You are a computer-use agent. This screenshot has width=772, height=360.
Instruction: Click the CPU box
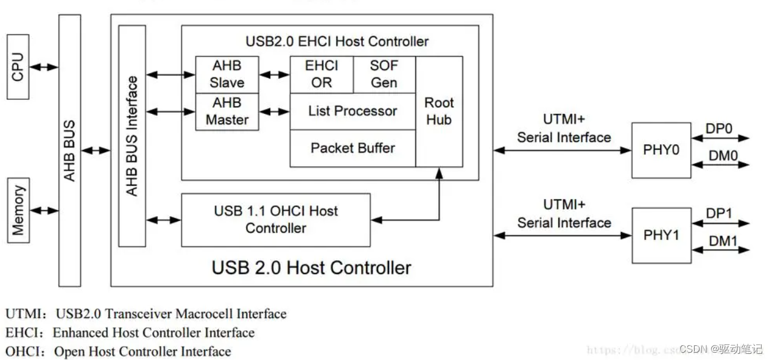tap(18, 67)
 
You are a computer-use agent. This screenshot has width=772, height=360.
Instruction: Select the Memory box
tap(18, 210)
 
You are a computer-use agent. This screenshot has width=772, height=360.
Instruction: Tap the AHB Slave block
tap(226, 74)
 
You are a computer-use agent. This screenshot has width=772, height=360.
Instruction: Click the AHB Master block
tap(226, 111)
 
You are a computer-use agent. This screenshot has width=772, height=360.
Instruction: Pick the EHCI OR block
tap(321, 74)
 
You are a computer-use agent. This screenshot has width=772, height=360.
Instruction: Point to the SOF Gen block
tap(384, 74)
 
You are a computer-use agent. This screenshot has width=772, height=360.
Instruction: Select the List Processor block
tap(352, 111)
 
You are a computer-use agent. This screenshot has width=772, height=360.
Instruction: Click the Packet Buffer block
tap(352, 148)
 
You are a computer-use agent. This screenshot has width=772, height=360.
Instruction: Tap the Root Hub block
tap(439, 111)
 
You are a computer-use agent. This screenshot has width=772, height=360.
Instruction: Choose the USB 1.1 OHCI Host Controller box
tap(275, 220)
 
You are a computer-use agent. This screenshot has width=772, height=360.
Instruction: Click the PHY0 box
tap(661, 150)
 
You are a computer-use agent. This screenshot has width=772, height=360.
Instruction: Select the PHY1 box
tap(661, 235)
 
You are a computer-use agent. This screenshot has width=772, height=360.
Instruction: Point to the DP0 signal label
tap(718, 130)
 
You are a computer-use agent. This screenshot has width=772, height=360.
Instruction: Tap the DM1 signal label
tap(723, 242)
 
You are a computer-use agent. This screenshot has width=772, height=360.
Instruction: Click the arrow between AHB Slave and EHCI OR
tap(274, 75)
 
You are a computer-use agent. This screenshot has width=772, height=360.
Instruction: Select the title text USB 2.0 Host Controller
tap(311, 267)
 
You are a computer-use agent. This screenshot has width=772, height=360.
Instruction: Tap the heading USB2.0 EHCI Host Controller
tap(337, 41)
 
